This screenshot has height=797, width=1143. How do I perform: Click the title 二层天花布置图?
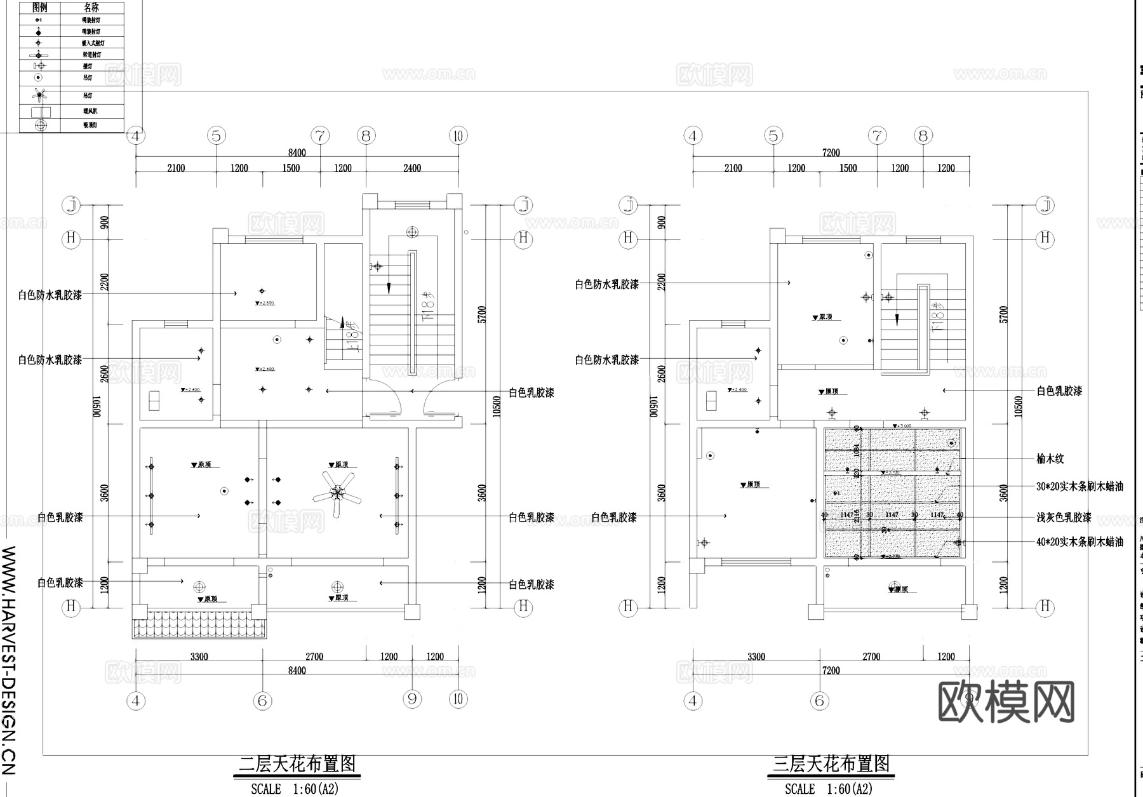(297, 763)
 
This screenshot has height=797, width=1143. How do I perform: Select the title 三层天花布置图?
(831, 763)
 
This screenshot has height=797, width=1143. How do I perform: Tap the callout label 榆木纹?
(1050, 459)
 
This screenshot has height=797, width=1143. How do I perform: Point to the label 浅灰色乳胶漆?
(1064, 518)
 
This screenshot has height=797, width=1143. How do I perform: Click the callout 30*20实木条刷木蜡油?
(1079, 486)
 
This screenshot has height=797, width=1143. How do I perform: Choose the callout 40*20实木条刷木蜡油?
(1079, 542)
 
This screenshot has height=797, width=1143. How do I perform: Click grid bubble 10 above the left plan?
(458, 135)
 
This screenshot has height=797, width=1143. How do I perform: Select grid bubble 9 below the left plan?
(412, 699)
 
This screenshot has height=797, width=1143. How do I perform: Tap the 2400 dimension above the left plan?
(412, 168)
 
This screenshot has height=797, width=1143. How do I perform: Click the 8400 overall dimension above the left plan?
(297, 152)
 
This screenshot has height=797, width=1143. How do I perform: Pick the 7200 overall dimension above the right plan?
(831, 152)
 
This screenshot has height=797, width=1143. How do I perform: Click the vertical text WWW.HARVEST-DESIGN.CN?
(10, 660)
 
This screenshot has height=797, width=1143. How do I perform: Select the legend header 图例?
(39, 8)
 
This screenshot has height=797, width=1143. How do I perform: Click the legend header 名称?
(91, 8)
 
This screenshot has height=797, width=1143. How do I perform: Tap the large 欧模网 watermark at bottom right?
(1006, 702)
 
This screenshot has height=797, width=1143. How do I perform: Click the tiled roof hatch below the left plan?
(199, 625)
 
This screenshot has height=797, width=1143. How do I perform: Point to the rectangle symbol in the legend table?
(41, 112)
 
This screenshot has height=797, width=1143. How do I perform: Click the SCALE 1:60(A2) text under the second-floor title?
(295, 789)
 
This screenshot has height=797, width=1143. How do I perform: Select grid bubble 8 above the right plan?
(923, 135)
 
